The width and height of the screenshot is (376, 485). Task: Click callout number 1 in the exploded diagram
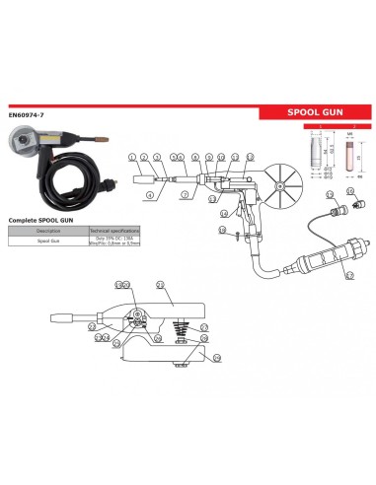point(132,158)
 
